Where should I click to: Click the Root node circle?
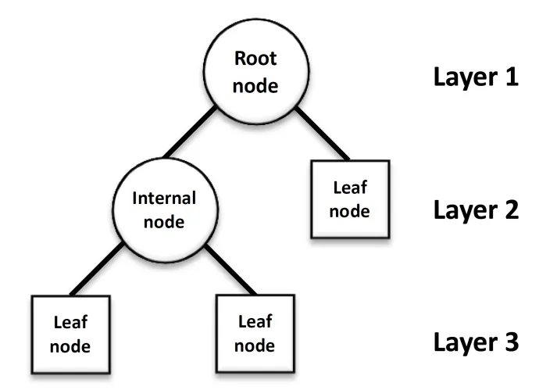[x=255, y=71]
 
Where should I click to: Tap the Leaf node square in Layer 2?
[x=350, y=199]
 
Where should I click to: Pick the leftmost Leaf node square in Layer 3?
[x=70, y=334]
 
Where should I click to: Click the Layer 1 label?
[x=477, y=78]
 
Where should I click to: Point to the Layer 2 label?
[x=477, y=210]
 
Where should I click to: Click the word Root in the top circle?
[x=255, y=59]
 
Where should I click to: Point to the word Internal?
[x=164, y=197]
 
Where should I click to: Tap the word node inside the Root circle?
[x=255, y=84]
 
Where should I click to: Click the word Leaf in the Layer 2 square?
[x=350, y=187]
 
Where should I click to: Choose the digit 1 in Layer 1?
[x=512, y=78]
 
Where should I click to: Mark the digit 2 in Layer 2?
[x=511, y=210]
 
